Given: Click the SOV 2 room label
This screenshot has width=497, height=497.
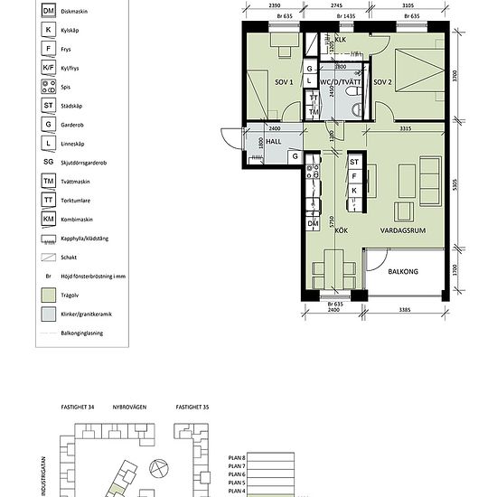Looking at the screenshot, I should tap(381, 82).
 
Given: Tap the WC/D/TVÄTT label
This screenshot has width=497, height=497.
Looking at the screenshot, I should tap(340, 82).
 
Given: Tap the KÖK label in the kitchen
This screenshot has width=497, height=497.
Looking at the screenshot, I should tap(342, 230).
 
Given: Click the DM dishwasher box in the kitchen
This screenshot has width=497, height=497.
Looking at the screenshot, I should tap(313, 223).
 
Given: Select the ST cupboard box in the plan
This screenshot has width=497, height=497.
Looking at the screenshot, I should tap(354, 163).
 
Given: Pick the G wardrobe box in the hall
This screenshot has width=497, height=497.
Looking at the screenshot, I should tap(295, 156).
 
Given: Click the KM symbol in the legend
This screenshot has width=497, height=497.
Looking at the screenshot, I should tap(48, 219).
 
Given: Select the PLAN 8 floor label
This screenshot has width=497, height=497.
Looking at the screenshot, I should tap(232, 460).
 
